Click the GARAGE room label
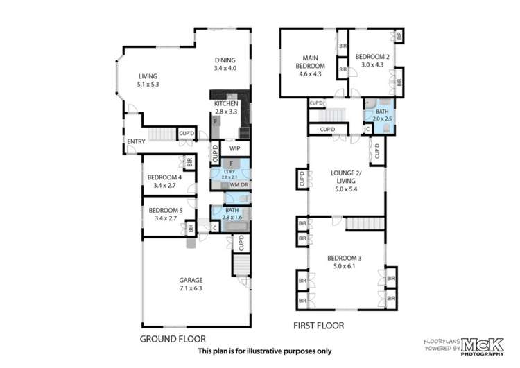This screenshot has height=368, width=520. pos(191,283)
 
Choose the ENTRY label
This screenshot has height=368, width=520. pos(135,143)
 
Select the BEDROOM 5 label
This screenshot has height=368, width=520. pos(164,213)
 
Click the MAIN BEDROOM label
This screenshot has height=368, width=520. pos(309,66)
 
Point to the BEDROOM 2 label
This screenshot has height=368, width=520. pos(372,60)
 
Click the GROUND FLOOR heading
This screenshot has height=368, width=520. pos(173,339)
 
